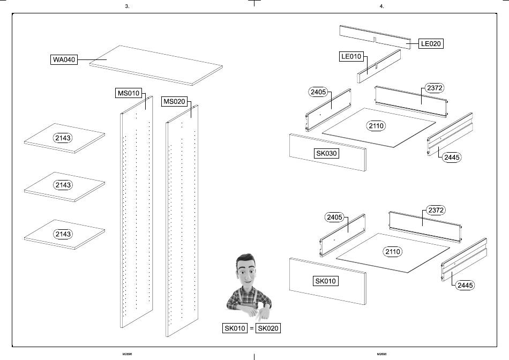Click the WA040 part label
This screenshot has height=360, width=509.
[63, 59]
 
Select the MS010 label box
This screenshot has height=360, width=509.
[129, 93]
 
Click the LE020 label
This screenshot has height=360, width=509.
[431, 43]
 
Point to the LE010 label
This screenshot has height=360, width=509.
[351, 56]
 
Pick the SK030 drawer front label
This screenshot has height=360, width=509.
[327, 153]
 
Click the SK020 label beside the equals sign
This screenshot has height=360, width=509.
[268, 328]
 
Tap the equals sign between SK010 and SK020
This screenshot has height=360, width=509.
[252, 328]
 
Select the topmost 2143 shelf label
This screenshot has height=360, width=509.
[63, 138]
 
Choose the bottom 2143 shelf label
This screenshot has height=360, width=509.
[63, 234]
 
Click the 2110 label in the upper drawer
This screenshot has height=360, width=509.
[377, 126]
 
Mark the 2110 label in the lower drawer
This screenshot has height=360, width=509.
[393, 251]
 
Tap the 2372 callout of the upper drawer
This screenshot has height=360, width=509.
[435, 87]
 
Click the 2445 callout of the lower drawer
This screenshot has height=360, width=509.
[465, 285]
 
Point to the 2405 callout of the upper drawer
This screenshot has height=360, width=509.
[318, 92]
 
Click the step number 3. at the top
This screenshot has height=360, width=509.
[127, 6]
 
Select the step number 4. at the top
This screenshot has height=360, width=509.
[381, 6]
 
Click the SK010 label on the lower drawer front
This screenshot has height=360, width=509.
[326, 281]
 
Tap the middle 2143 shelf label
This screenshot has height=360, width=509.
[63, 185]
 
